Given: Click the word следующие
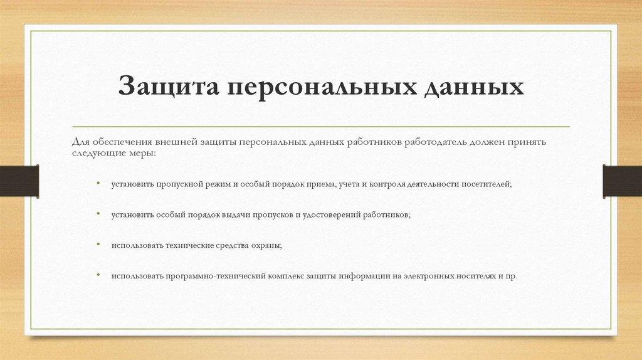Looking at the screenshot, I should (x=95, y=153).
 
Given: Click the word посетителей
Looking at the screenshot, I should (x=487, y=185).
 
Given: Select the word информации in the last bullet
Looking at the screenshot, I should (x=362, y=276).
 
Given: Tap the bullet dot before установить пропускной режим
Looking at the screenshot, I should (x=98, y=183).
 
